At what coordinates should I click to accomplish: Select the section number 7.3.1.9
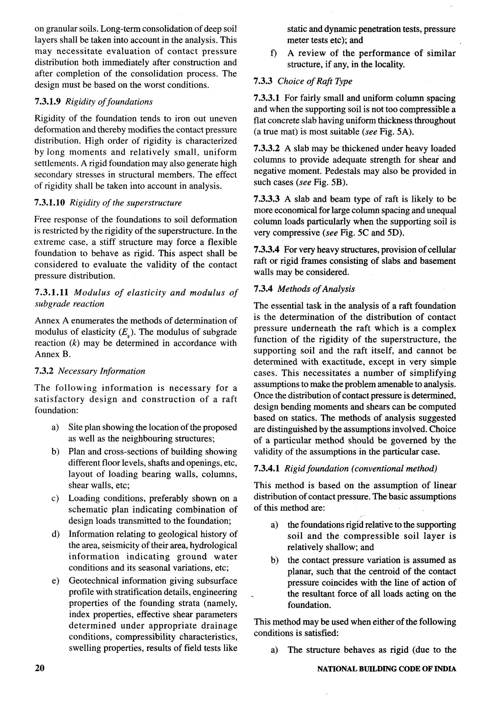(49, 102)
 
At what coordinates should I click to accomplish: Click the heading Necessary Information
(101, 371)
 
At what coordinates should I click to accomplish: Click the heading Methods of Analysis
(316, 289)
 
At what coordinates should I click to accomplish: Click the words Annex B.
(53, 354)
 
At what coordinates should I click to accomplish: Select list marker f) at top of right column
(274, 54)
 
